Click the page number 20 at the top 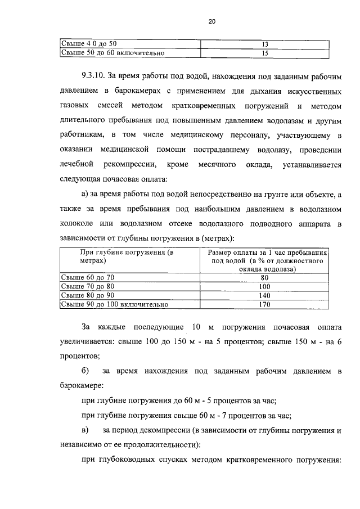pos(211,22)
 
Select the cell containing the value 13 pos(265,44)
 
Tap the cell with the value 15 pos(265,53)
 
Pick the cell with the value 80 pos(265,277)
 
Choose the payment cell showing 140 pos(265,295)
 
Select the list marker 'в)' pos(86,430)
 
